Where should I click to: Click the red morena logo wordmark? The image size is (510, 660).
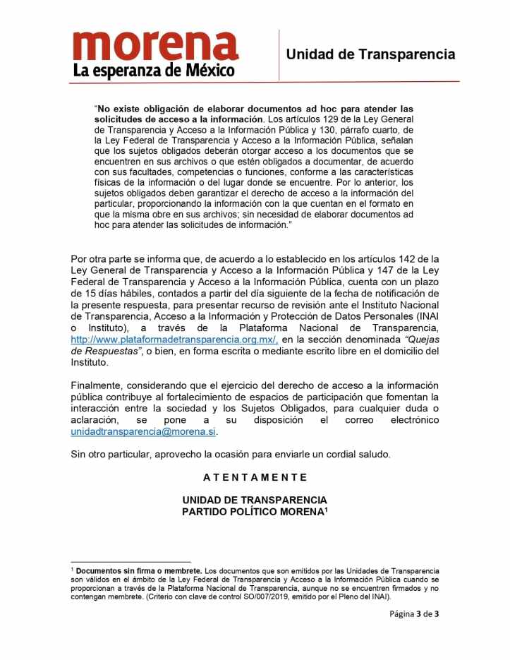(x=155, y=46)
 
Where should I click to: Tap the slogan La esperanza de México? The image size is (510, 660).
(x=154, y=71)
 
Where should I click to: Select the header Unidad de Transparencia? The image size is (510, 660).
(x=370, y=54)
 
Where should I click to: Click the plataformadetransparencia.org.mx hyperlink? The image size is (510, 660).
(x=174, y=340)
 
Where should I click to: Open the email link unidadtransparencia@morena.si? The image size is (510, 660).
(x=143, y=431)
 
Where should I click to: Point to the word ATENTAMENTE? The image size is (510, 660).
(x=255, y=477)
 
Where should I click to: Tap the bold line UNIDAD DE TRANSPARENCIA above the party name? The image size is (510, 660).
(x=255, y=500)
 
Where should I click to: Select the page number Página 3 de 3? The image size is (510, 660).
(x=414, y=613)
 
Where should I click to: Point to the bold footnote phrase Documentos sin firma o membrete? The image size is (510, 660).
(x=139, y=570)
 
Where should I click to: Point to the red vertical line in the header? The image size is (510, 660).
(x=279, y=54)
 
